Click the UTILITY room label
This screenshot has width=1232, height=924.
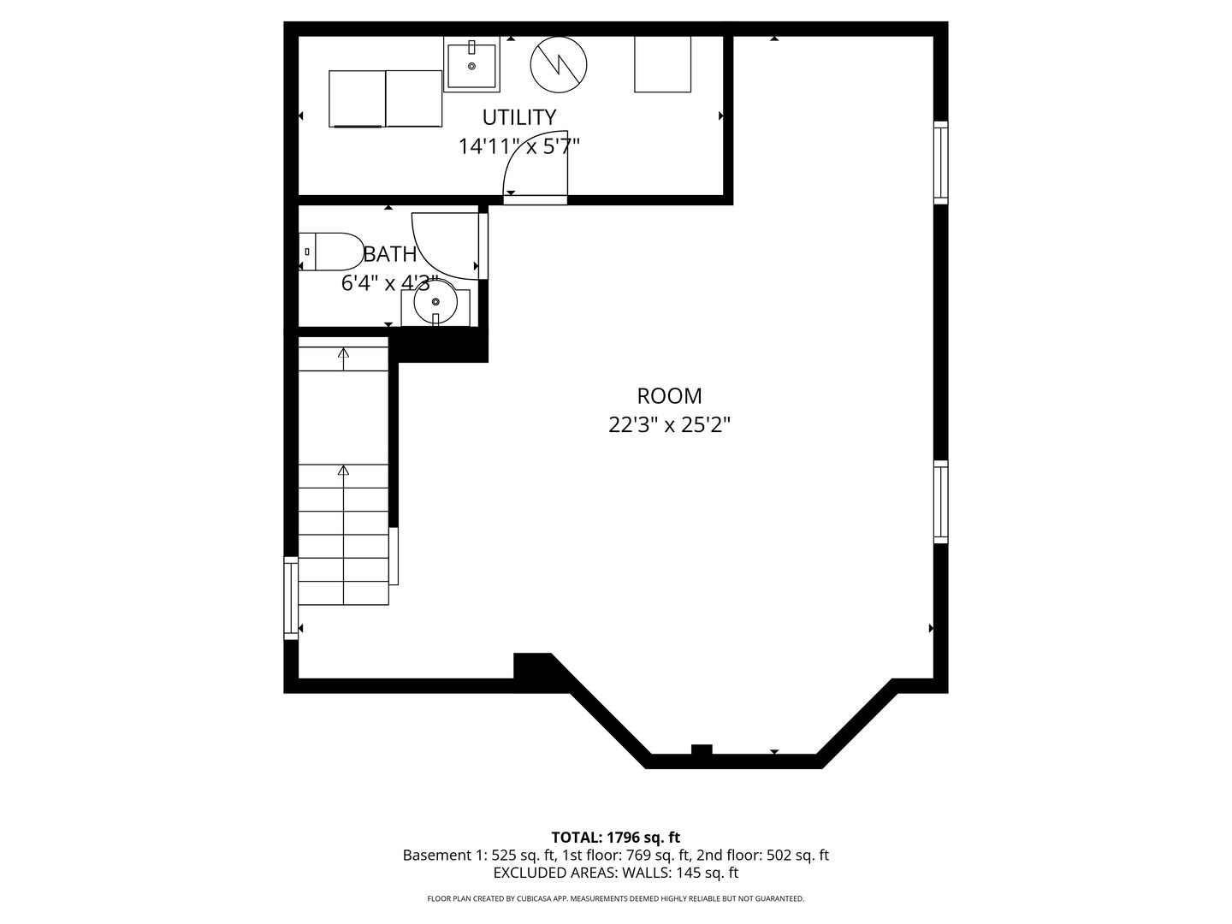coord(519,117)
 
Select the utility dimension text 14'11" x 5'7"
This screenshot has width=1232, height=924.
coord(519,146)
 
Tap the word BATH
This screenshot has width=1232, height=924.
coord(390,254)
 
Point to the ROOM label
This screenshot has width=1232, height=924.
coord(669,396)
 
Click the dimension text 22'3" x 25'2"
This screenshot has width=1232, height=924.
coord(669,425)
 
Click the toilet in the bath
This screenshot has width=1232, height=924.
coord(331,252)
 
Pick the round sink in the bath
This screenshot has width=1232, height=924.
coord(435,302)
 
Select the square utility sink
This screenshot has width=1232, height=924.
coord(471,64)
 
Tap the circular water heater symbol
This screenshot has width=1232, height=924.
coord(559,64)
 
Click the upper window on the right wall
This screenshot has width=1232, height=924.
coord(941,163)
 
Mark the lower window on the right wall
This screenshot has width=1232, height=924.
coord(941,502)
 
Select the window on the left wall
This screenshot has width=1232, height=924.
coord(291,598)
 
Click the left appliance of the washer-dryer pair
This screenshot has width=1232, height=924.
coord(357,98)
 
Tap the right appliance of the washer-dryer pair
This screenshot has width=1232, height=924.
coord(413,98)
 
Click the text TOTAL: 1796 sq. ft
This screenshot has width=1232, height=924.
coord(616,838)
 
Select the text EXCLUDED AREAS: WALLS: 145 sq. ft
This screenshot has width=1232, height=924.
coord(616,873)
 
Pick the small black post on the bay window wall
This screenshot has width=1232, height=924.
coord(702,749)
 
